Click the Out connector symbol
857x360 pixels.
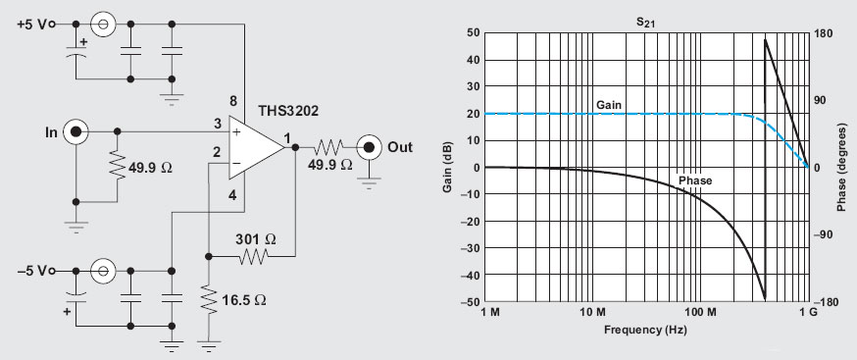pos(369,148)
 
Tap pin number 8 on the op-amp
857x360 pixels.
pos(233,101)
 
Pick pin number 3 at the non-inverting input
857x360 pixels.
pos(217,124)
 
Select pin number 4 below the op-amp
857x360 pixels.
pos(233,194)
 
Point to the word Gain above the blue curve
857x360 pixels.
pos(608,104)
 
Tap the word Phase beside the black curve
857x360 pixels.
pos(694,180)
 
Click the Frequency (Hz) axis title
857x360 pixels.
pos(645,329)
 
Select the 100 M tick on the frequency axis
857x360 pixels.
pos(699,312)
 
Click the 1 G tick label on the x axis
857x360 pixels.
pos(807,312)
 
